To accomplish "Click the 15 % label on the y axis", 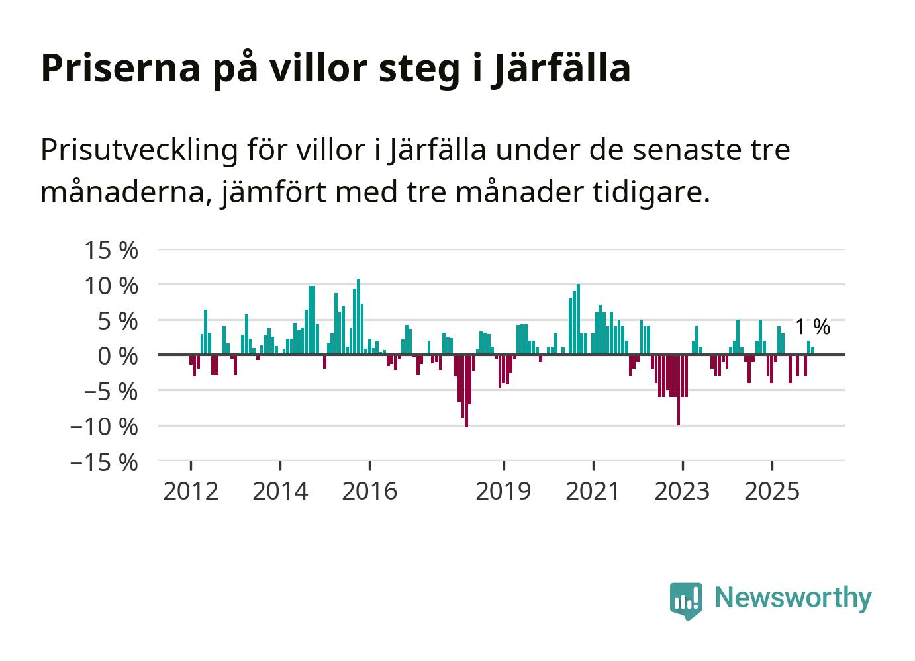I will [x=111, y=251].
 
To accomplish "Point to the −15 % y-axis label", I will [x=105, y=463].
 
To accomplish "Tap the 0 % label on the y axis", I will [x=118, y=357].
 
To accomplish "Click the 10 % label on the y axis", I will [x=111, y=286].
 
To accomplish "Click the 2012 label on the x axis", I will [x=191, y=492].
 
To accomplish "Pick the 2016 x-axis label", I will [x=369, y=492].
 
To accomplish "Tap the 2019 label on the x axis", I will [x=504, y=492].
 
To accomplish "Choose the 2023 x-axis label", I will [x=682, y=492].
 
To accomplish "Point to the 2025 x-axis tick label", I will [x=772, y=492].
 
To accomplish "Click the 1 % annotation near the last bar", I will [x=812, y=327].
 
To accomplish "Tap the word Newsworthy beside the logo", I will [x=793, y=597].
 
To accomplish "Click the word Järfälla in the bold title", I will [x=561, y=68].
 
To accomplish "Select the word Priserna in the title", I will [x=120, y=68].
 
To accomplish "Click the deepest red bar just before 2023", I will [x=679, y=390].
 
